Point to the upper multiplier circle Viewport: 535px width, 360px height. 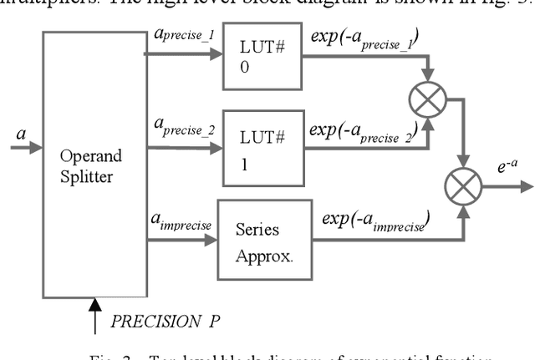tap(428, 102)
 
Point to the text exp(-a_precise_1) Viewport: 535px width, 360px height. tap(365, 38)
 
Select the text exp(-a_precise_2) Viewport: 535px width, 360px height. tap(365, 130)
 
